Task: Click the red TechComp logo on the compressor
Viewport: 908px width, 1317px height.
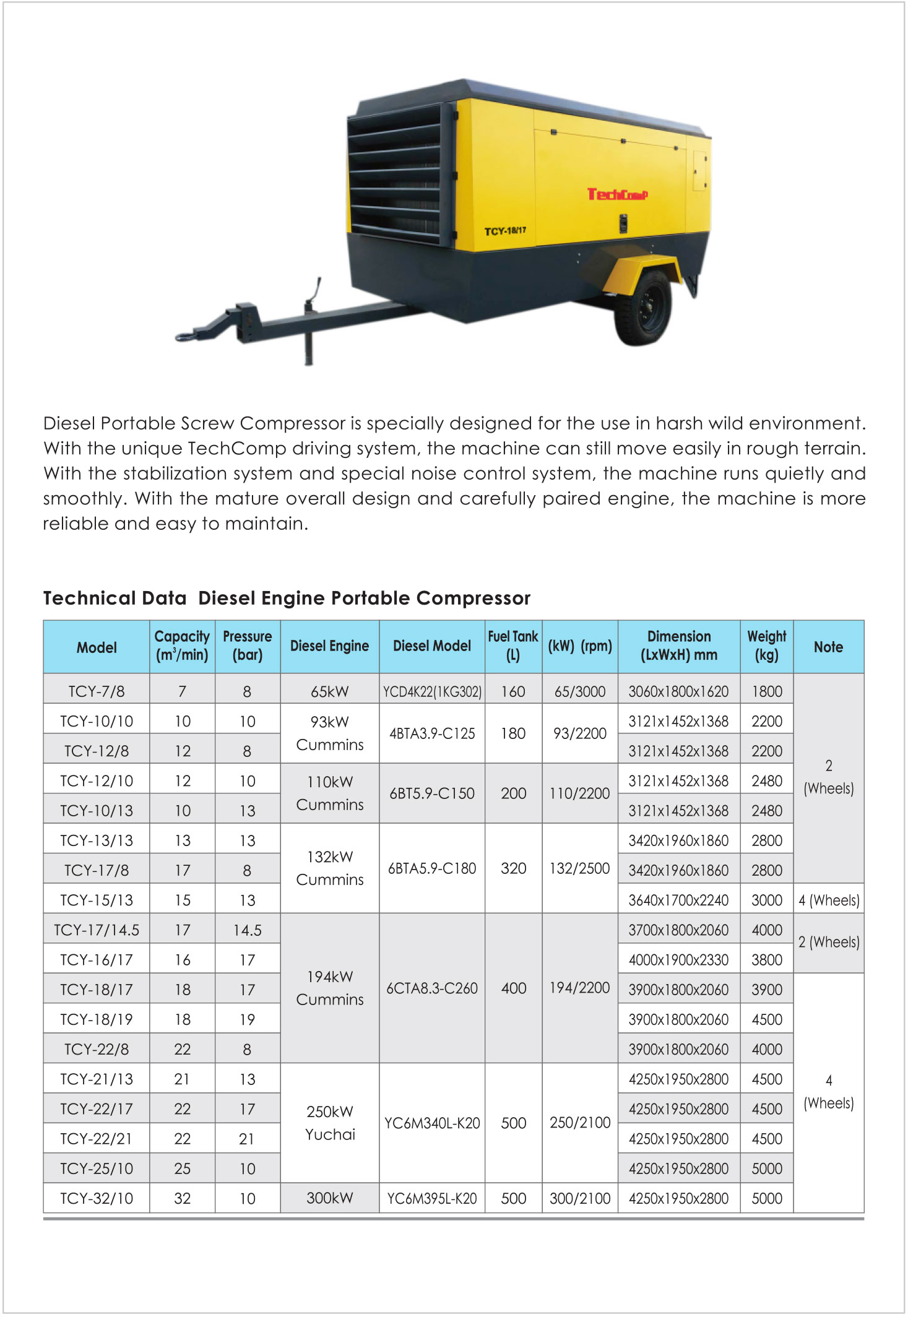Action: (x=617, y=194)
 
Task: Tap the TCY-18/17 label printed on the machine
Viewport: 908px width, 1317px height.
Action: (x=505, y=231)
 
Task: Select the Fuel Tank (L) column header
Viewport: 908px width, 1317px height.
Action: (x=513, y=646)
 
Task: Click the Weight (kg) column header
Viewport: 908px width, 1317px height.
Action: (x=766, y=646)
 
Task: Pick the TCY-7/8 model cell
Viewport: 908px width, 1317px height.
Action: (x=97, y=691)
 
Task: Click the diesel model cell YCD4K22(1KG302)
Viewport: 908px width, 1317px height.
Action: (x=432, y=691)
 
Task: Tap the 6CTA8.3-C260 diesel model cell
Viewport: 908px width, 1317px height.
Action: (x=432, y=988)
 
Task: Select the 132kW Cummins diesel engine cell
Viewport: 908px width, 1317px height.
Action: (x=330, y=868)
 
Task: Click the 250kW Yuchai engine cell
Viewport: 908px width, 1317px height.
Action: (x=330, y=1123)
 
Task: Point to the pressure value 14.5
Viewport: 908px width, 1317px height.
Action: (x=248, y=930)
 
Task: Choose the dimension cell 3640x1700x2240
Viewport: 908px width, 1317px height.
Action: (x=678, y=900)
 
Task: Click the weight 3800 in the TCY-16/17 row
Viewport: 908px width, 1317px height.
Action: (x=767, y=960)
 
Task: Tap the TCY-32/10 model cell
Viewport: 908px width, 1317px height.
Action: (x=97, y=1199)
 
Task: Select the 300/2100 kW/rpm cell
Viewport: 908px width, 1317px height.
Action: (x=580, y=1199)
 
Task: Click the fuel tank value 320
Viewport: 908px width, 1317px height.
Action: (x=514, y=868)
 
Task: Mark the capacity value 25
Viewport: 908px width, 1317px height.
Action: (x=183, y=1169)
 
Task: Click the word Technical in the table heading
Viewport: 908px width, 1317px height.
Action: (x=83, y=598)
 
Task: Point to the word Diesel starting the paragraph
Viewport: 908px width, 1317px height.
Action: (x=69, y=423)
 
